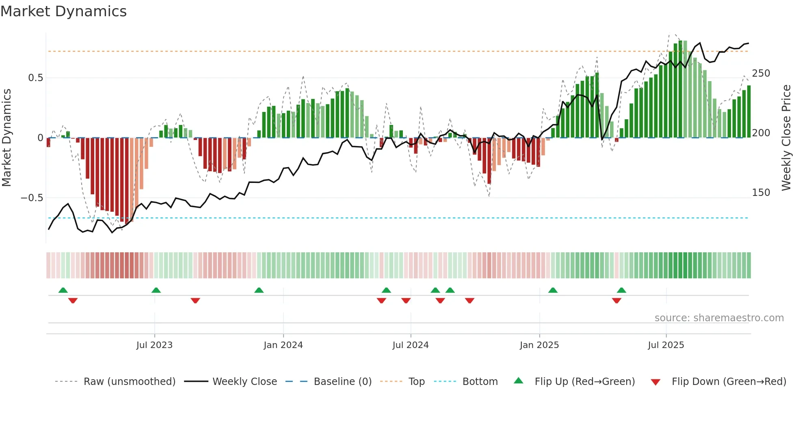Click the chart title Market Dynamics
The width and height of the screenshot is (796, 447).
point(63,11)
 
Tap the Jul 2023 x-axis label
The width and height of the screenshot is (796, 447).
point(154,345)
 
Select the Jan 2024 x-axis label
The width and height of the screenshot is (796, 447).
point(283,345)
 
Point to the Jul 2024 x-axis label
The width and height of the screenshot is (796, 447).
point(411,345)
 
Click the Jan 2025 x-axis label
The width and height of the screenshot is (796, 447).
point(539,345)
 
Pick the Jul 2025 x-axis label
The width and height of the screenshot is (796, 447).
point(666,345)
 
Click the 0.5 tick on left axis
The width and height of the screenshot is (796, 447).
point(36,78)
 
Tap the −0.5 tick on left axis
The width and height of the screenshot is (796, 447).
point(32,198)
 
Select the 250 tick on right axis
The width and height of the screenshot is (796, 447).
point(761,73)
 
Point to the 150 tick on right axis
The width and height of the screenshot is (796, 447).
point(761,193)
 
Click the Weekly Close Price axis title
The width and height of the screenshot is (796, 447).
point(786,138)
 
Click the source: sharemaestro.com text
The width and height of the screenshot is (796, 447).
point(719,318)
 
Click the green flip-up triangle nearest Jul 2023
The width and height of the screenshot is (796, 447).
point(156,290)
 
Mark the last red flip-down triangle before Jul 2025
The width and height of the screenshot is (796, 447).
point(616,301)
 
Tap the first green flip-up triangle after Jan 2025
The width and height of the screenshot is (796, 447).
point(553,290)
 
